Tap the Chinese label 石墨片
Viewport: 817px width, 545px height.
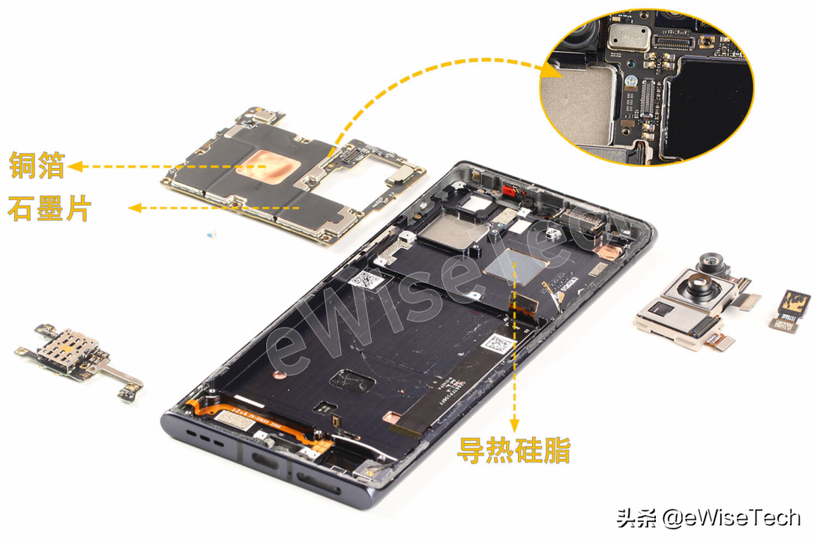point(49,208)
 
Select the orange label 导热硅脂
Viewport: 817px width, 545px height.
point(514,451)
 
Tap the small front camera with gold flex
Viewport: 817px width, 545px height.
point(791,308)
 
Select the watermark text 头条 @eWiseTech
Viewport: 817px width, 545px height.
point(708,517)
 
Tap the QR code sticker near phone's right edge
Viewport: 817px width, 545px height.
point(498,344)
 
